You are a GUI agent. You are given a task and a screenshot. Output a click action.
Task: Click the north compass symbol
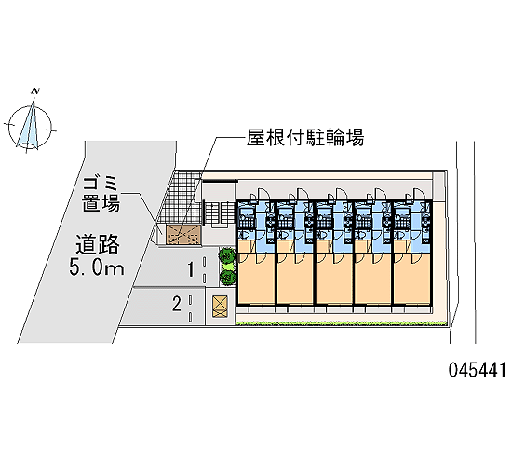pyautogui.click(x=30, y=125)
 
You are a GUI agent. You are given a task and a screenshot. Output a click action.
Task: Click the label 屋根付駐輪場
pyautogui.click(x=305, y=137)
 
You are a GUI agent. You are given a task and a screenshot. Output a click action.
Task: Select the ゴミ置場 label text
pyautogui.click(x=101, y=195)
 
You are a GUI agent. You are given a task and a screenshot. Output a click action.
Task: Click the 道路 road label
pyautogui.click(x=98, y=244)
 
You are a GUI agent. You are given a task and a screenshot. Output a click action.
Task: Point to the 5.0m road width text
pyautogui.click(x=97, y=268)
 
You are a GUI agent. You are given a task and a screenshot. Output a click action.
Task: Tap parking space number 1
pyautogui.click(x=190, y=269)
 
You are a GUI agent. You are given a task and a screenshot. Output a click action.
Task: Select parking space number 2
pyautogui.click(x=177, y=304)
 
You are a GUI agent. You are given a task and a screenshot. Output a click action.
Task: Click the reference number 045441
pyautogui.click(x=477, y=370)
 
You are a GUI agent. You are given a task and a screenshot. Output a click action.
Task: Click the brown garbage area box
pyautogui.click(x=182, y=235)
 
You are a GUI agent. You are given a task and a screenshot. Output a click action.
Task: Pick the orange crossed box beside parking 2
pyautogui.click(x=220, y=307)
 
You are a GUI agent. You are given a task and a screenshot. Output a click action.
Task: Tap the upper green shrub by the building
pyautogui.click(x=226, y=255)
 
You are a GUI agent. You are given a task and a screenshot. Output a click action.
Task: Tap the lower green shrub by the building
pyautogui.click(x=227, y=278)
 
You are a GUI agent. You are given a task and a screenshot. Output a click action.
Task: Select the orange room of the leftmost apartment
pyautogui.click(x=256, y=278)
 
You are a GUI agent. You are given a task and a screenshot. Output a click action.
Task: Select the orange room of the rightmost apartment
pyautogui.click(x=411, y=278)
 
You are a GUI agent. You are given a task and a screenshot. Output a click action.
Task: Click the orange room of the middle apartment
pyautogui.click(x=333, y=278)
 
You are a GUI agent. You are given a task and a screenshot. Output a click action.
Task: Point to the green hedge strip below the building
pyautogui.click(x=341, y=323)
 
